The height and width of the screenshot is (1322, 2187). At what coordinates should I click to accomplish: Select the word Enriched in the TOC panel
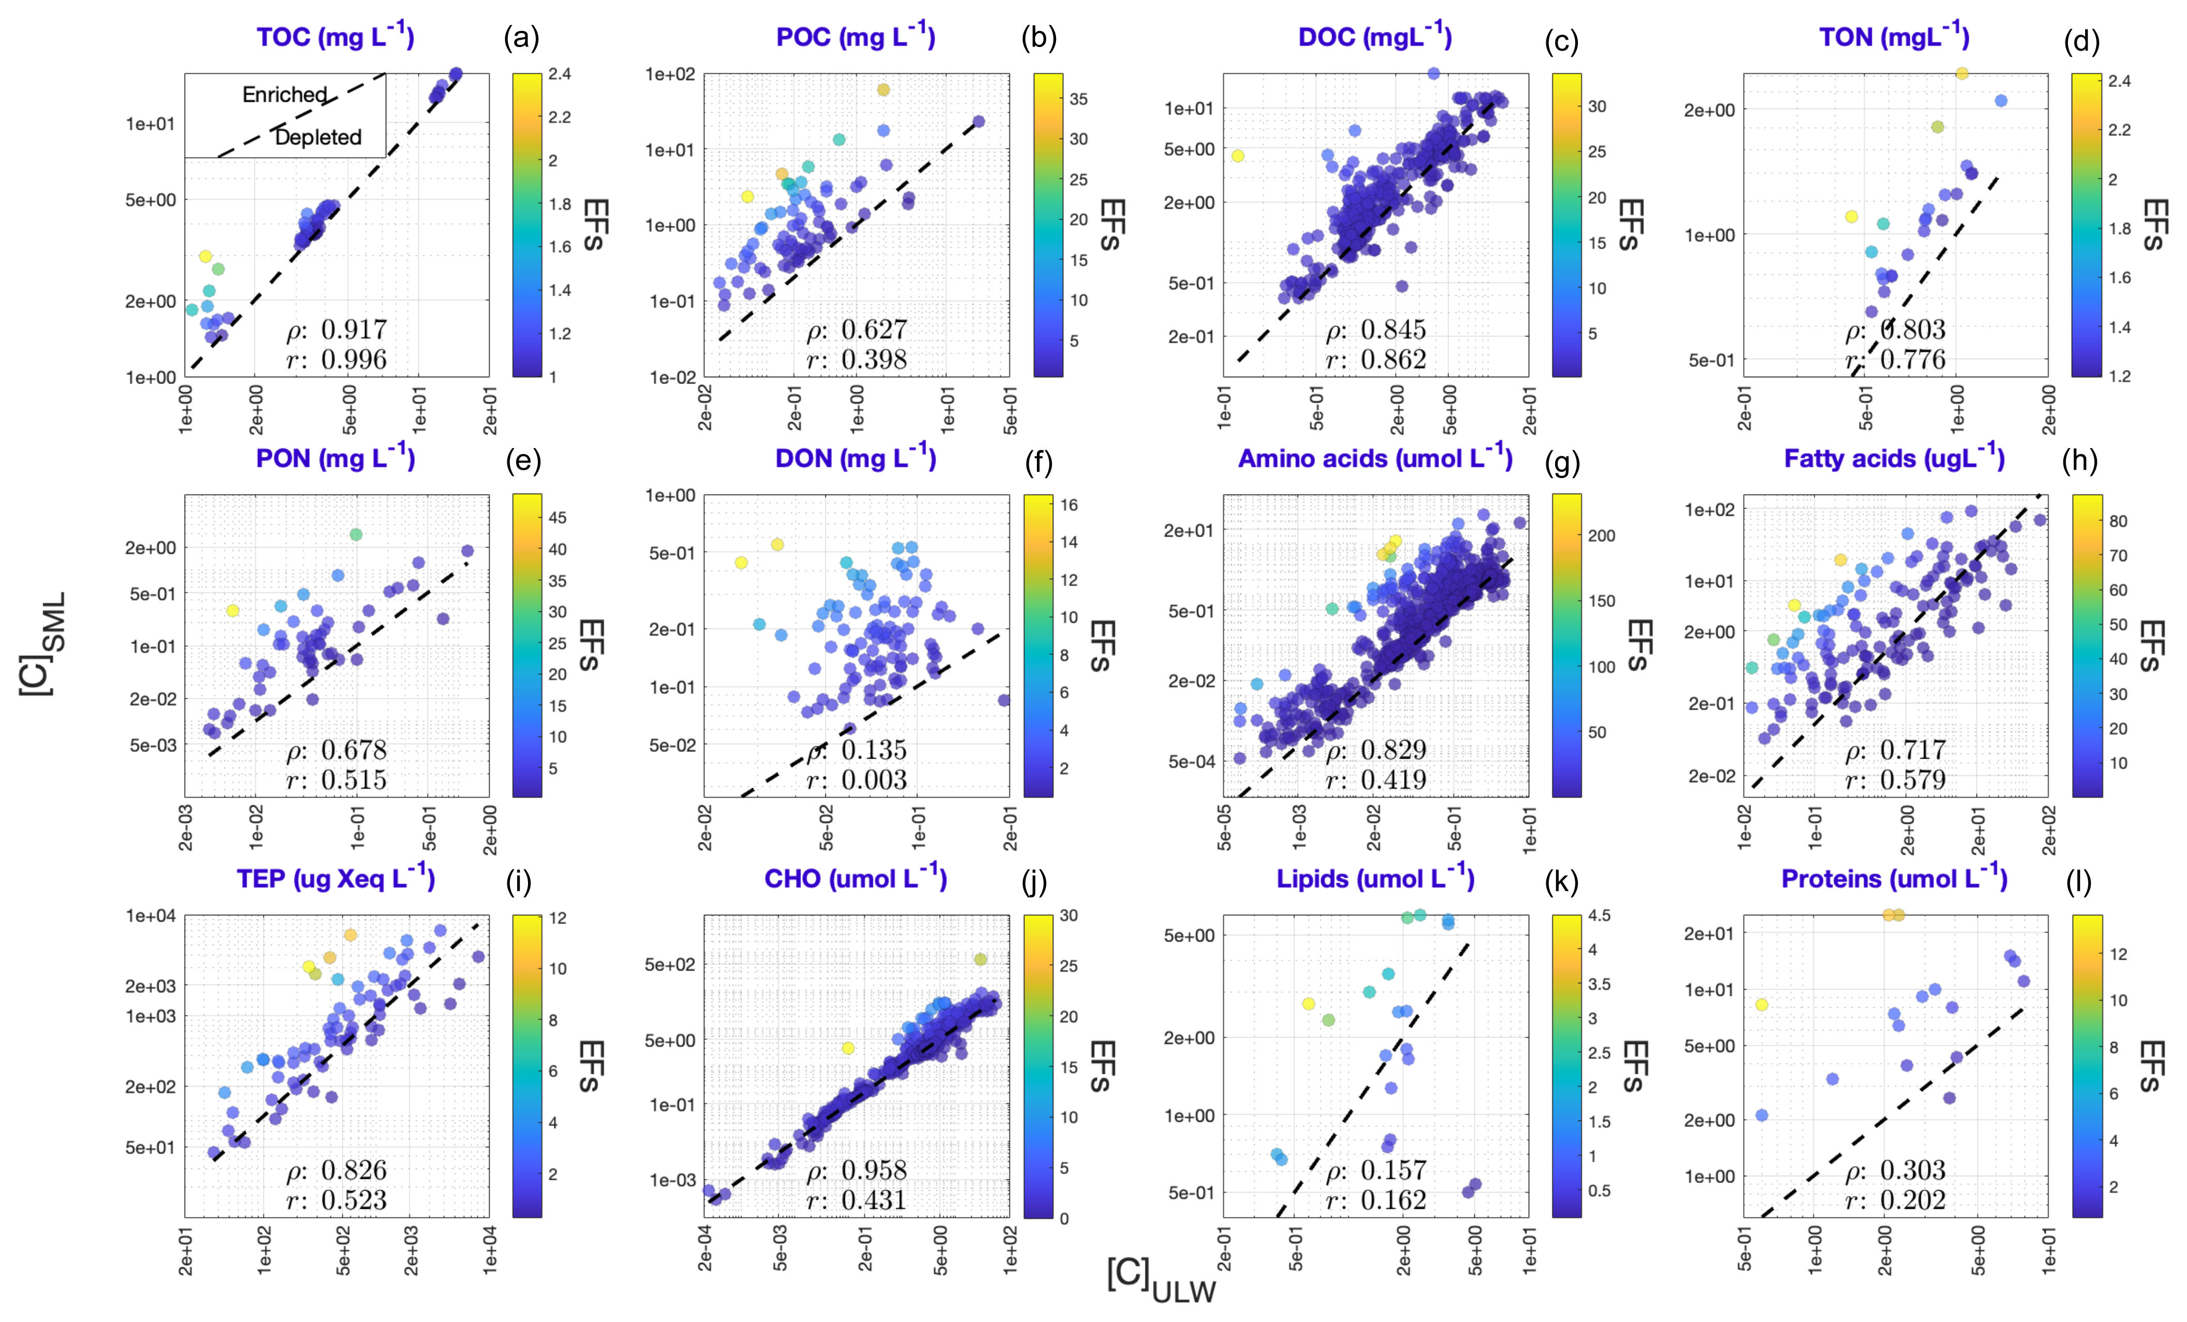(285, 94)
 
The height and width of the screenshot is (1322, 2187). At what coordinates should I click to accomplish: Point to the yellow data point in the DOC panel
(1238, 156)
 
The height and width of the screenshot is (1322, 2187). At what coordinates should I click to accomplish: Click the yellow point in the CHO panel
(848, 1048)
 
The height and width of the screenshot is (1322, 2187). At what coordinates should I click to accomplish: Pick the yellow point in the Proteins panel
(1762, 1004)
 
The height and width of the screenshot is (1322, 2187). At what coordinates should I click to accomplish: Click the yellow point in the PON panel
(233, 610)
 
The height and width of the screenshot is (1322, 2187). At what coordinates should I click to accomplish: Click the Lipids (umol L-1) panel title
(1375, 879)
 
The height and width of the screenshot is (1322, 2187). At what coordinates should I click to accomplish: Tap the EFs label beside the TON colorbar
(2155, 224)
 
